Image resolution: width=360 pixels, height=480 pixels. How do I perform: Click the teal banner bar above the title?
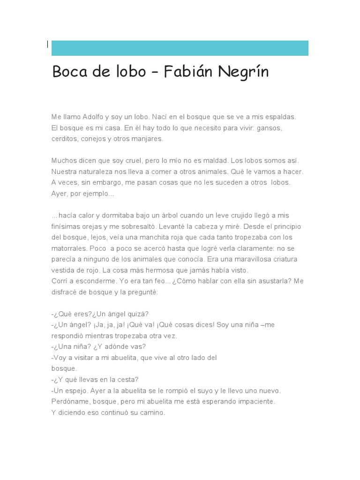click(180, 48)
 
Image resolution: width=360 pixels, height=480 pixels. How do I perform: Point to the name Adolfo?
click(95, 116)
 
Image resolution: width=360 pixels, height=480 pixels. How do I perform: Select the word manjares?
click(147, 139)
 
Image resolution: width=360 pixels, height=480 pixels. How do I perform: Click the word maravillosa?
click(249, 259)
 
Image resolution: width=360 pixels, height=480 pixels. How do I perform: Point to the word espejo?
click(74, 390)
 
